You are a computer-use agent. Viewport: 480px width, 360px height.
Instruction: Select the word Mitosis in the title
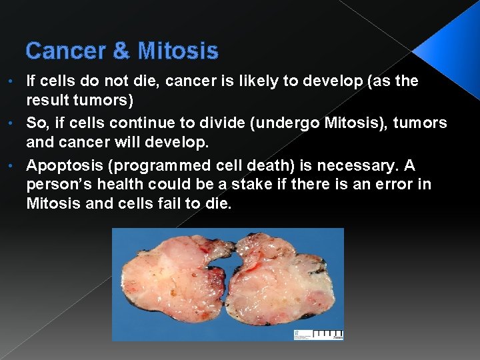coord(178,51)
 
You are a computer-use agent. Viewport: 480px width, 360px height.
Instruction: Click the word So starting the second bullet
coord(36,123)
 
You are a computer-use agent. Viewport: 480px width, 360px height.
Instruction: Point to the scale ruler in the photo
coord(327,333)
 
